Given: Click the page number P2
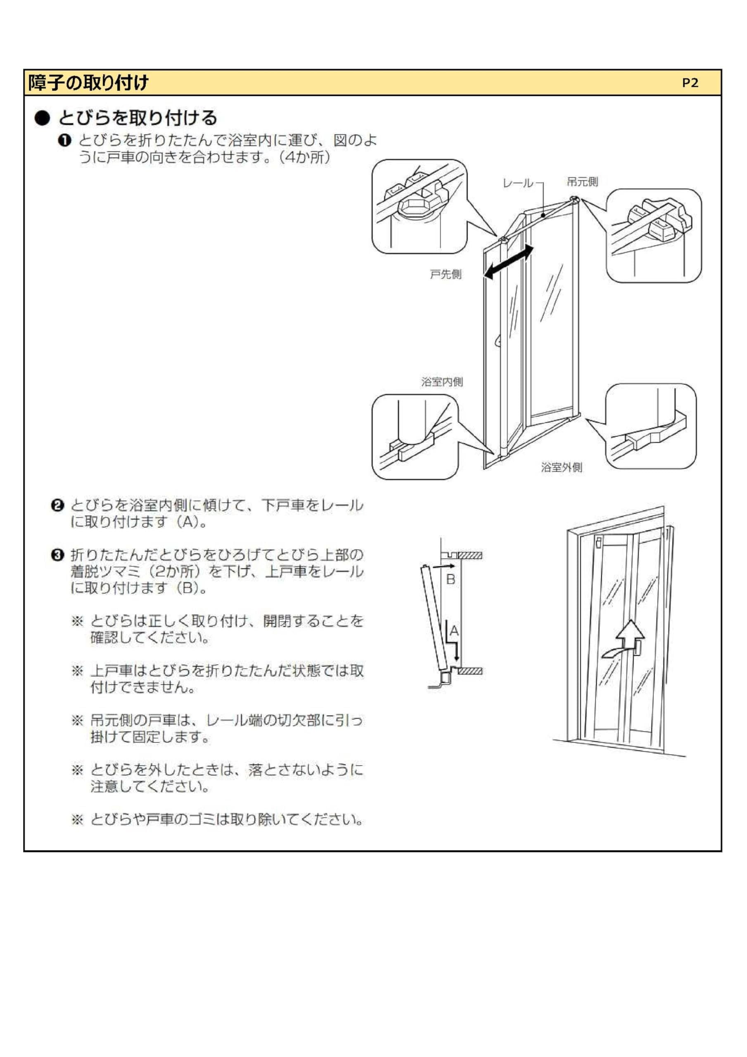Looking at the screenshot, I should pos(690,83).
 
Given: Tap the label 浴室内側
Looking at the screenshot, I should pos(442,382).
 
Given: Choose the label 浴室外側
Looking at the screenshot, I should pos(562,468).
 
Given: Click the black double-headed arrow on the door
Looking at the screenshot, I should pos(508,262).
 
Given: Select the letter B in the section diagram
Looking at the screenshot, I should pos(451,580).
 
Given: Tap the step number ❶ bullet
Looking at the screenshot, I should pos(64,140).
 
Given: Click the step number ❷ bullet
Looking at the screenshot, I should pos(57,505).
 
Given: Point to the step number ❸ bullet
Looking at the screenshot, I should pos(57,555).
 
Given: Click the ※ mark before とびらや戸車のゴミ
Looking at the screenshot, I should pos(77,820).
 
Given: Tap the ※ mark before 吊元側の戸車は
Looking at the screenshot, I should pos(77,720).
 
